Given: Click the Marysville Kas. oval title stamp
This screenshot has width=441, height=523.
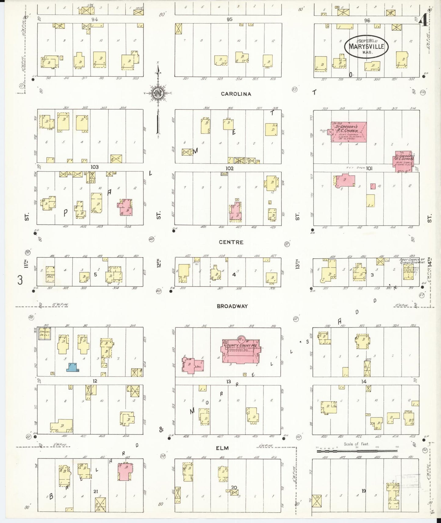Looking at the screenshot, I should (x=366, y=47).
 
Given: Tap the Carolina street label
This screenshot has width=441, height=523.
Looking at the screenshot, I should (x=236, y=94).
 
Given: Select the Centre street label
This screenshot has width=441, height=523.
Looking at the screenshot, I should (x=231, y=242).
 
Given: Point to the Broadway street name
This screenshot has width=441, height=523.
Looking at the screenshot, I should (x=232, y=306).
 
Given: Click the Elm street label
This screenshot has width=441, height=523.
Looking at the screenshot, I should (x=222, y=448).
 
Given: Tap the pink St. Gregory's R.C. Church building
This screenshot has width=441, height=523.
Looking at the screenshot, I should (x=349, y=132).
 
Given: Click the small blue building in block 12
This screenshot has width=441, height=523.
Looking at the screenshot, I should (x=73, y=367).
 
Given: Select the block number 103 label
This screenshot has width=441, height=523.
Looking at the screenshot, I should (x=95, y=167).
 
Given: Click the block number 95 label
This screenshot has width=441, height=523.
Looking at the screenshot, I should (x=230, y=19).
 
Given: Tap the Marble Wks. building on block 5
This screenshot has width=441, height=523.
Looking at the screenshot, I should (x=50, y=274).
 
